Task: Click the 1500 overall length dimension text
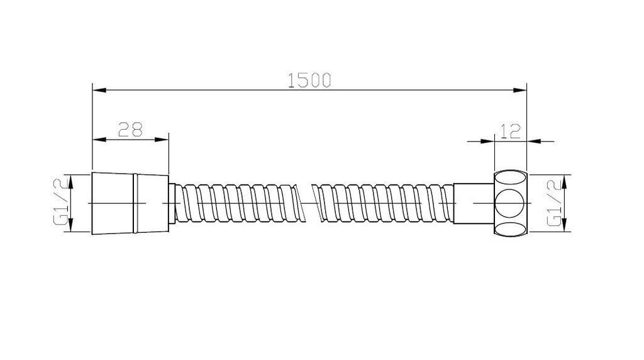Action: point(309,80)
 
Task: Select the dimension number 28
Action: point(131,129)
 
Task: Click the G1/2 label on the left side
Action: point(61,203)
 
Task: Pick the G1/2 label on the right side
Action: point(553,203)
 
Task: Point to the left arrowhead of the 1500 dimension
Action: point(99,91)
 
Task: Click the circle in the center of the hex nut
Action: point(509,203)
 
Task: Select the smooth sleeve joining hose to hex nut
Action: point(473,203)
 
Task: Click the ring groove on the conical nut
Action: point(133,203)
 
